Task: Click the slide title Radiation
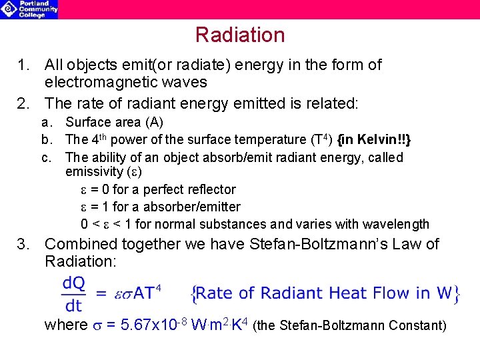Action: tap(240, 35)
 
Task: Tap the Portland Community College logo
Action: tap(29, 9)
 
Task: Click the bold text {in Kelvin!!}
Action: tap(375, 140)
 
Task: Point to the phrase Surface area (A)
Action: tap(114, 123)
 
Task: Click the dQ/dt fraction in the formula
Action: tap(74, 293)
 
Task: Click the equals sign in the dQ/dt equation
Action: tap(100, 293)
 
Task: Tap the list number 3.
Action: tap(24, 244)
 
